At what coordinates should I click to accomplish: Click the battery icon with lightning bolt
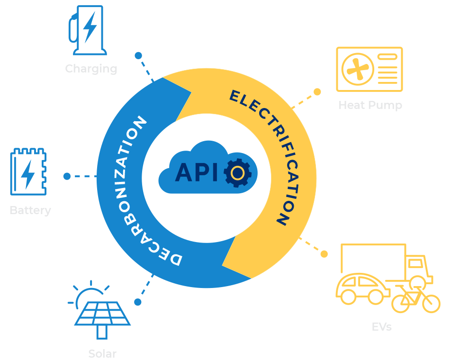click(28, 172)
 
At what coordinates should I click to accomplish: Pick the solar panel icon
click(101, 313)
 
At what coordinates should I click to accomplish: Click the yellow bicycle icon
click(415, 298)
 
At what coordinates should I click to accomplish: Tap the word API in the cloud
click(197, 173)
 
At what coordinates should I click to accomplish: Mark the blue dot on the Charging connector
click(138, 55)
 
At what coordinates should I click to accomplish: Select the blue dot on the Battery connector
click(67, 176)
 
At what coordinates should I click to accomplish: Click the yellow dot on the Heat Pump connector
click(317, 92)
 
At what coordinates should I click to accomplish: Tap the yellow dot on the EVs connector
click(324, 254)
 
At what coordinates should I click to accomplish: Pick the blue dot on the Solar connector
click(138, 302)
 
